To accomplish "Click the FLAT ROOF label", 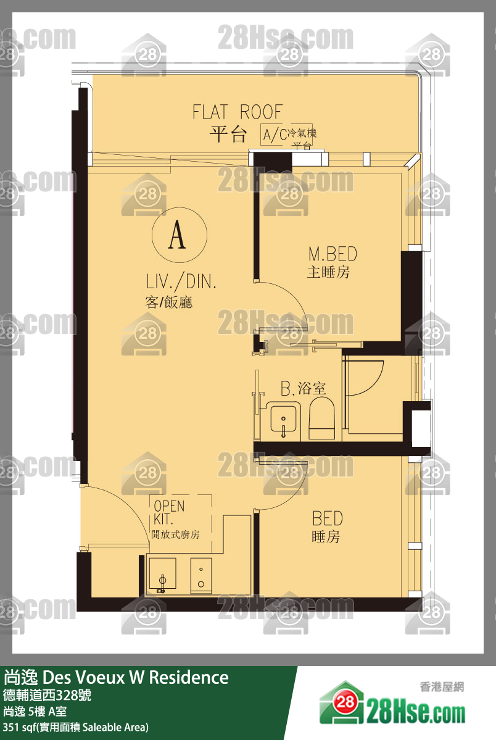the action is pos(238,112).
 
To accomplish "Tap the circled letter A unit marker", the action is pos(180,235).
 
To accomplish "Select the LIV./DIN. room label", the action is pos(181,282).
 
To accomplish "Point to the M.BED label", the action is pos(333,254).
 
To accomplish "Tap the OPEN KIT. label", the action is pos(169,512).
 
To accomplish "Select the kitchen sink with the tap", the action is pos(162,575).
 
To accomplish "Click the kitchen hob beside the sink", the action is pos(201,575).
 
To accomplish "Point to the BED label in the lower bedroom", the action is pos(328,518).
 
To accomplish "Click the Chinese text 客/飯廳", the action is pos(168,302).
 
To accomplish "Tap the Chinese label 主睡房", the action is pos(328,272).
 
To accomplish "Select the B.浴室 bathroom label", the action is pos(303,388).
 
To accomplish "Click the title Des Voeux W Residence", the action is pos(136,677).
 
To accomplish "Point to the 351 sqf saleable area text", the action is pos(75,727).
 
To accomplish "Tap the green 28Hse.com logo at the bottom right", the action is pos(392,704).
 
